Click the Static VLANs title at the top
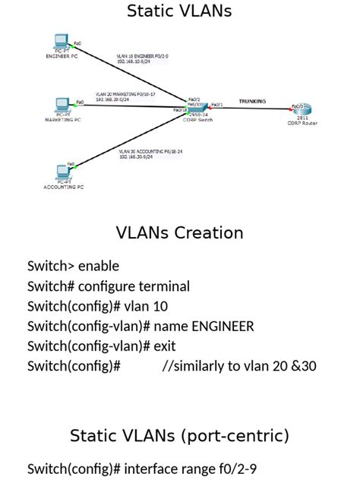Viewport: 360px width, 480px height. (179, 11)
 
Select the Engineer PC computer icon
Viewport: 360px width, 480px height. (62, 43)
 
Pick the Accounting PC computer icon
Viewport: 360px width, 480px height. (64, 172)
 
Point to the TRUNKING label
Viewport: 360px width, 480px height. (252, 100)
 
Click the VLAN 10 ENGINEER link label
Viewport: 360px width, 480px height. (142, 58)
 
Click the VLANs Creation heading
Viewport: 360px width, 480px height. (179, 232)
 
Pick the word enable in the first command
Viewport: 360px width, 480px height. (99, 267)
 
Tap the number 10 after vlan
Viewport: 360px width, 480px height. (160, 307)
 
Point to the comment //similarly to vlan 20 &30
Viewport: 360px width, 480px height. (239, 366)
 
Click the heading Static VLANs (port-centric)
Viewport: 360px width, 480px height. (179, 436)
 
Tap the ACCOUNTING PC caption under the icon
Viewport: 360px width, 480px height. (64, 187)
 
